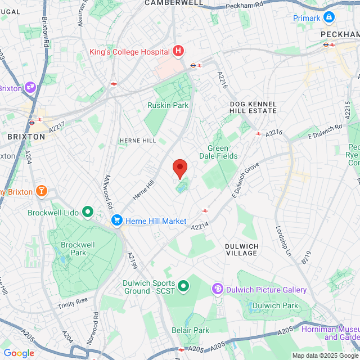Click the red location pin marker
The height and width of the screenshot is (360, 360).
(179, 168)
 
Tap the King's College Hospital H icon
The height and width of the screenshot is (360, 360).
(179, 52)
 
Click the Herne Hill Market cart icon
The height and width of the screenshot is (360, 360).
(117, 220)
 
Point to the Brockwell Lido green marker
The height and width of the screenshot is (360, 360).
(88, 212)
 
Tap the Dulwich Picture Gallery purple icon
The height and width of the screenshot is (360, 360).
(217, 289)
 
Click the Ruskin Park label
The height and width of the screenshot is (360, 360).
(168, 105)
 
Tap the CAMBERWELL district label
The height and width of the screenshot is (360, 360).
(174, 3)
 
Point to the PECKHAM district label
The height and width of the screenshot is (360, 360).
(339, 34)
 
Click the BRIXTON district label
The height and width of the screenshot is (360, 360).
(26, 137)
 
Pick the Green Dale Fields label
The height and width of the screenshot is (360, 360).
(218, 152)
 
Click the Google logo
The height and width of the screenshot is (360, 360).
(19, 353)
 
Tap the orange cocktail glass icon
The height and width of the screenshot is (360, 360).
(41, 192)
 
